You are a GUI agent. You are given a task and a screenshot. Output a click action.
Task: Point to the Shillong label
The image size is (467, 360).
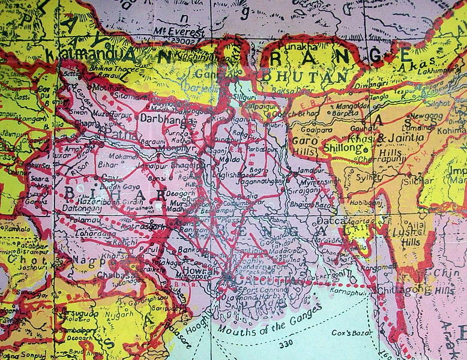click(342, 147)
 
